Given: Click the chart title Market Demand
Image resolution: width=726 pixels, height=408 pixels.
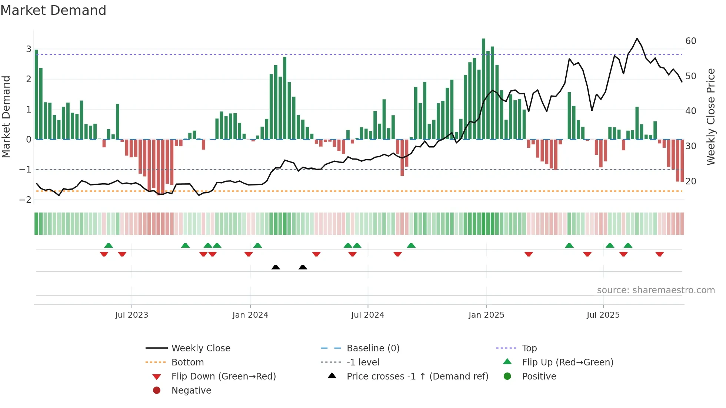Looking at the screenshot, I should pyautogui.click(x=53, y=10).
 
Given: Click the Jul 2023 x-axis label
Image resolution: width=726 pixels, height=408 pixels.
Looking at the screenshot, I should pyautogui.click(x=131, y=315).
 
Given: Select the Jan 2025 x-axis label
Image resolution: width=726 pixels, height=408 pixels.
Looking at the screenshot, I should pyautogui.click(x=486, y=315).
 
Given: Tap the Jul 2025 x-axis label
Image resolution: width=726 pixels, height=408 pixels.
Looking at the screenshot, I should pyautogui.click(x=603, y=315).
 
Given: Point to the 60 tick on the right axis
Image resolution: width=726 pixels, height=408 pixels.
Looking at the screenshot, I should pyautogui.click(x=690, y=41).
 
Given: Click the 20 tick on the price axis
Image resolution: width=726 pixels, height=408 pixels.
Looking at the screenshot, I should pyautogui.click(x=690, y=181).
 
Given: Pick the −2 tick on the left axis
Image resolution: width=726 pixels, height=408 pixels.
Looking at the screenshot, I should pyautogui.click(x=25, y=200).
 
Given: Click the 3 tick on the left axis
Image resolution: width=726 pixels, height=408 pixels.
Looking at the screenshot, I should pyautogui.click(x=29, y=49).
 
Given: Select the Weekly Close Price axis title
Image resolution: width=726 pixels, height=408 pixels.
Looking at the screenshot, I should pyautogui.click(x=710, y=117).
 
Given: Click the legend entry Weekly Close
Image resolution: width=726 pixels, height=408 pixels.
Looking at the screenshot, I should pyautogui.click(x=200, y=348).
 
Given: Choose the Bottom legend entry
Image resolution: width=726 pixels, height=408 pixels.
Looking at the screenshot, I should pyautogui.click(x=187, y=362).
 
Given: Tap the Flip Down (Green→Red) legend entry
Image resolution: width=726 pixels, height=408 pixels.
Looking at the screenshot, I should pyautogui.click(x=223, y=377).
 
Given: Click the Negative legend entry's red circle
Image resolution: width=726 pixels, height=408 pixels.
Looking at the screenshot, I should pyautogui.click(x=157, y=391).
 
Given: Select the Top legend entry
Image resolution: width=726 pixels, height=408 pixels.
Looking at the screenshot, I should pyautogui.click(x=529, y=348).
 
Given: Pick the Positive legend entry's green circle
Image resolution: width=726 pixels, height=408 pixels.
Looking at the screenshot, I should pyautogui.click(x=507, y=377).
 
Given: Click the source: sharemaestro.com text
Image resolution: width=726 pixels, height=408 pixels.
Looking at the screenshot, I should pyautogui.click(x=656, y=290).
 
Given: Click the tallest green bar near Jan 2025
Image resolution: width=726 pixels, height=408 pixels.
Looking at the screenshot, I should pyautogui.click(x=483, y=89).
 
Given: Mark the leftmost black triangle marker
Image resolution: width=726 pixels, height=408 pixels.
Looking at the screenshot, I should pyautogui.click(x=276, y=267).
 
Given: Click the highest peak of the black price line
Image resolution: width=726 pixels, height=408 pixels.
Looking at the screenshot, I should pyautogui.click(x=637, y=39).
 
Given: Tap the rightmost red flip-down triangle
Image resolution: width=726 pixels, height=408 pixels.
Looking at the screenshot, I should pyautogui.click(x=659, y=254).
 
